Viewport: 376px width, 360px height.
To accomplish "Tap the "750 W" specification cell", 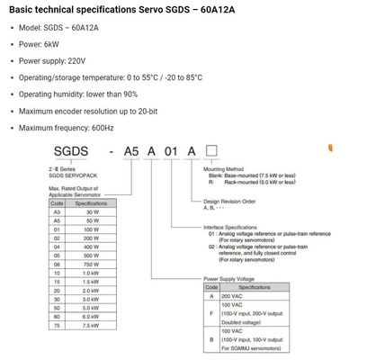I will pyautogui.click(x=90, y=291).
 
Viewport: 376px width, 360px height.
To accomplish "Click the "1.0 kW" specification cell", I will pyautogui.click(x=90, y=300).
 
